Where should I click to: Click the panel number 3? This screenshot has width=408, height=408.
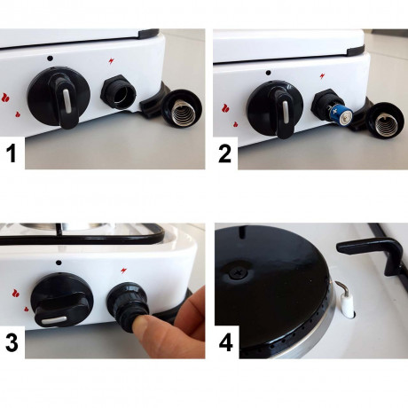click(x=13, y=344)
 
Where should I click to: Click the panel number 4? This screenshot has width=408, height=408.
click(x=225, y=344)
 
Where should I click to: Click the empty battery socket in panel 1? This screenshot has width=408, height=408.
click(x=118, y=91)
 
